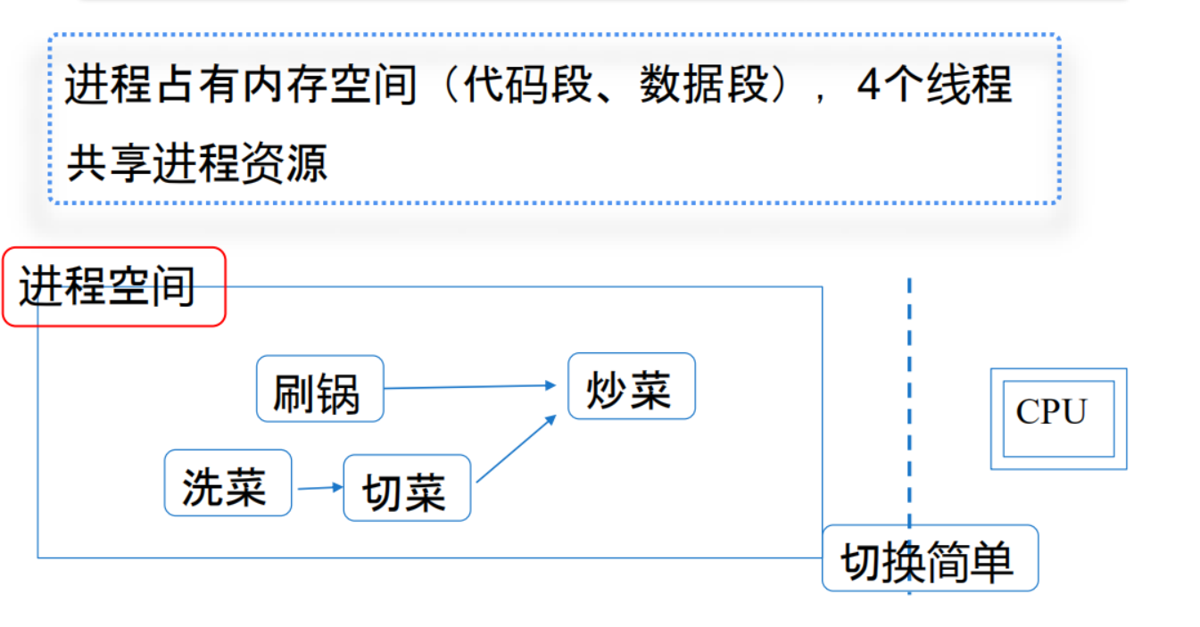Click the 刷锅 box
click(x=319, y=389)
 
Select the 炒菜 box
click(x=631, y=385)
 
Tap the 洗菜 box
click(x=228, y=483)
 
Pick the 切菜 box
click(x=406, y=488)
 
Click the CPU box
click(x=1058, y=418)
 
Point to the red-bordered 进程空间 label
click(x=113, y=286)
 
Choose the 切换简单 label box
click(x=930, y=558)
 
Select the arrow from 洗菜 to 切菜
click(x=319, y=487)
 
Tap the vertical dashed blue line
click(x=909, y=357)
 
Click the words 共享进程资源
click(x=197, y=163)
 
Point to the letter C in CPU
click(x=1027, y=413)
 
